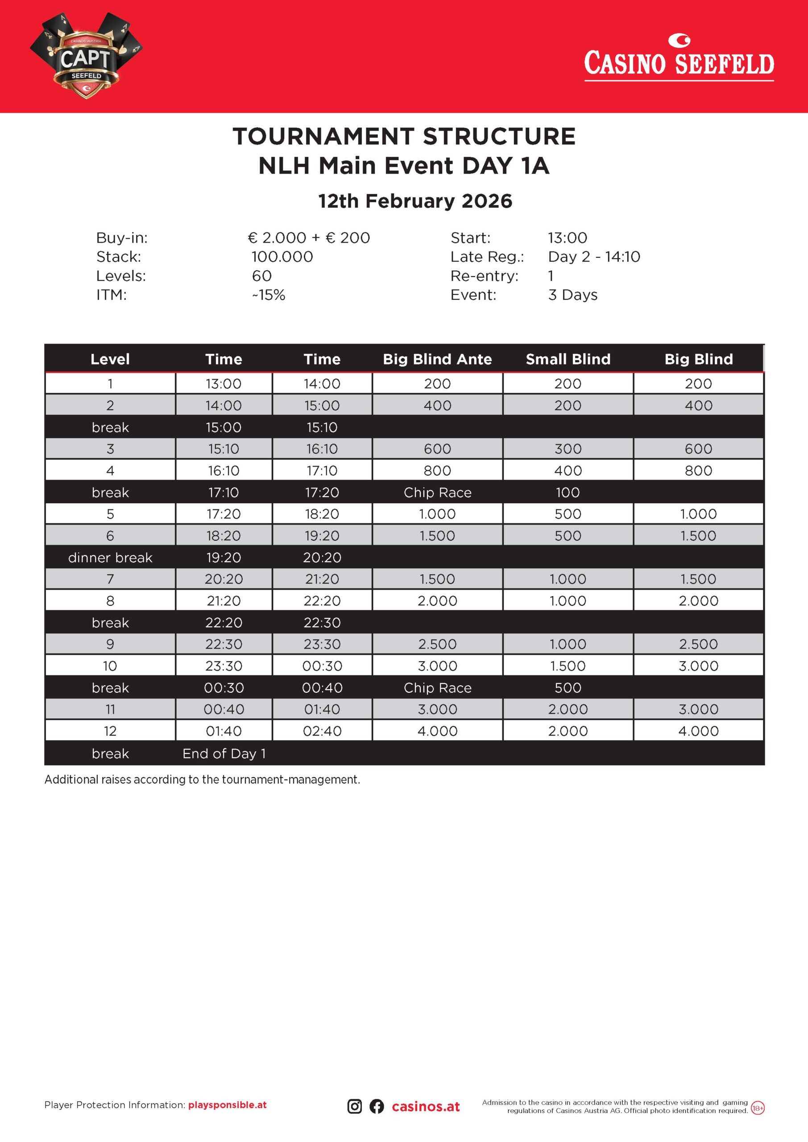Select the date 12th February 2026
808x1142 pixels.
point(415,201)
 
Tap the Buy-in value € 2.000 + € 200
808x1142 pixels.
point(308,238)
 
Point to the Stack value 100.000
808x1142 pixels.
point(282,257)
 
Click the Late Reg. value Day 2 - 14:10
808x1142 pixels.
point(594,257)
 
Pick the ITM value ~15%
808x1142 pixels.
point(269,295)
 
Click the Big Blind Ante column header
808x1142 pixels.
point(437,359)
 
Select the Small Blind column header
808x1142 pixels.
point(568,359)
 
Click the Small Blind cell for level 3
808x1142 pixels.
point(568,449)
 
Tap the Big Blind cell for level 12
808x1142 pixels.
point(698,731)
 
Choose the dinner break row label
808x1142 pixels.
point(110,558)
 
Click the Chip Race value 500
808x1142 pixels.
point(568,687)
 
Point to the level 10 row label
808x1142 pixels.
point(110,666)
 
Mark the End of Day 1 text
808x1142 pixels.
point(224,753)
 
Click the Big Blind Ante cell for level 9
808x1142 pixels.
point(437,644)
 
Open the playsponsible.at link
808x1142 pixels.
point(228,1105)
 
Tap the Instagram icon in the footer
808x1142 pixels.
point(354,1106)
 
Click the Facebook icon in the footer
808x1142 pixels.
point(377,1106)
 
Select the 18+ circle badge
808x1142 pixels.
point(758,1108)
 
